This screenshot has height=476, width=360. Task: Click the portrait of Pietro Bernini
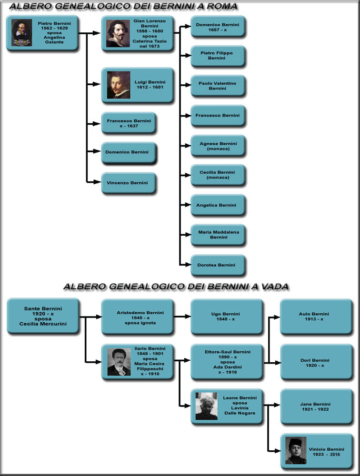[21, 33]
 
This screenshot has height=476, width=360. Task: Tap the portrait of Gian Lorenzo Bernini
[118, 34]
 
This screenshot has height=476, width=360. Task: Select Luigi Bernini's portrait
[119, 85]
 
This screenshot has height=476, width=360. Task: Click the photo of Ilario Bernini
[119, 362]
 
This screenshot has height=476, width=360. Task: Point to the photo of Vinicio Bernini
[296, 451]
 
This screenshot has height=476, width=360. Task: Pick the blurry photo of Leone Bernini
[207, 406]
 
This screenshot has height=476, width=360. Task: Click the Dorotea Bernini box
[218, 265]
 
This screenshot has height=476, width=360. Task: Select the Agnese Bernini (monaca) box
[218, 146]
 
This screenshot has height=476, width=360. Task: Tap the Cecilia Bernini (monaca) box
[218, 175]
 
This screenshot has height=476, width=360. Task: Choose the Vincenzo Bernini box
[129, 183]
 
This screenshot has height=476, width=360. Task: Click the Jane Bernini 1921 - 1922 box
[316, 407]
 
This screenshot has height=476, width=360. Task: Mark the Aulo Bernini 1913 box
[316, 317]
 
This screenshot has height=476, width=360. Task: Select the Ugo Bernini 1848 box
[226, 317]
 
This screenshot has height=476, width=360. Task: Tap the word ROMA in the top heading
[222, 6]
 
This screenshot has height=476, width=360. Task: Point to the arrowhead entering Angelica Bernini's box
[188, 205]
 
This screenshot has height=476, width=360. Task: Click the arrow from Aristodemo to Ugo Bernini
[182, 317]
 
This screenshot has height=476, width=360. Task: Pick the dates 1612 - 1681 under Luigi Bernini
[150, 87]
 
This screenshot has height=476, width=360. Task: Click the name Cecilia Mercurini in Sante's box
[43, 324]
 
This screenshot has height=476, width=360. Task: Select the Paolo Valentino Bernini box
[218, 86]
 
